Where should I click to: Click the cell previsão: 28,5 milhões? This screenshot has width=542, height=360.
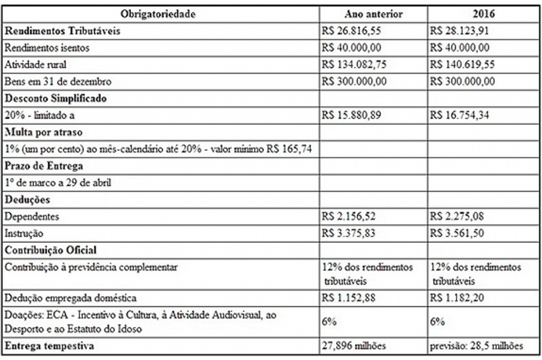476,345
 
